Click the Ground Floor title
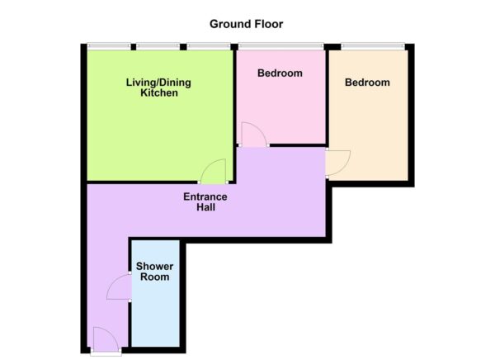(247, 23)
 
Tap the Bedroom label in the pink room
(280, 73)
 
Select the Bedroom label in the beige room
(367, 83)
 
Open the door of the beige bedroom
(337, 162)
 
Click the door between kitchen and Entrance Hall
(213, 172)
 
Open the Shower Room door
(120, 287)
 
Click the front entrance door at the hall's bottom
(105, 339)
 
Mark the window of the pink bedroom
(280, 45)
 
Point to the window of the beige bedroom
(368, 45)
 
